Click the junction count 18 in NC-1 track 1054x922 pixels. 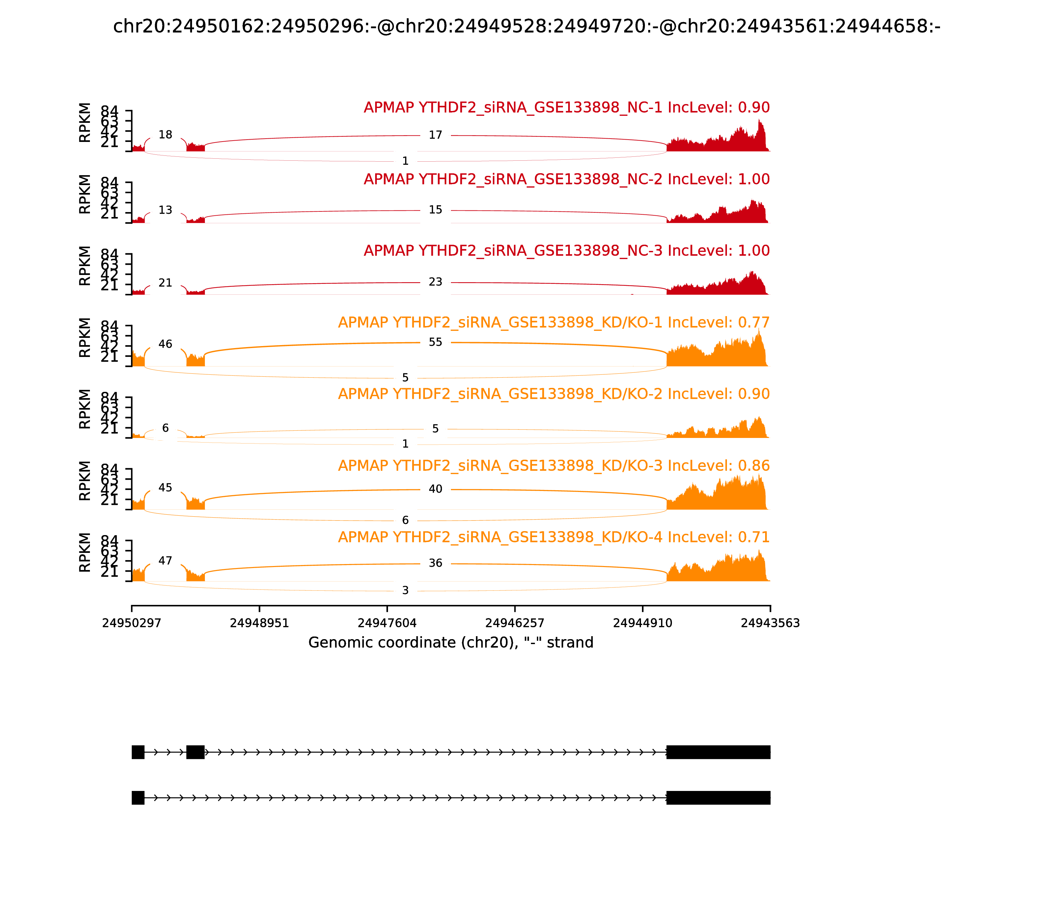165,135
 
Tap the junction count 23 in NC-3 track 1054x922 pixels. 435,282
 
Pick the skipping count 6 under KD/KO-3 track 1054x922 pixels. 405,520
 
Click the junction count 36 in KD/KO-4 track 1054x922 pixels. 435,563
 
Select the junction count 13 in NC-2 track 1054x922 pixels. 165,210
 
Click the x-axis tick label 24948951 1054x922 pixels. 260,623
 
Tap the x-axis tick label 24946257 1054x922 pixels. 514,623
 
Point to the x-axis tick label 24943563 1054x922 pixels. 770,623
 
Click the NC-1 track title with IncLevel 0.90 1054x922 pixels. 567,108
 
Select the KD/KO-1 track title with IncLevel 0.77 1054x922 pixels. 554,323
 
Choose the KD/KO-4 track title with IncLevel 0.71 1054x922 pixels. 554,537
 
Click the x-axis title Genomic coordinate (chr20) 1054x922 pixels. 451,643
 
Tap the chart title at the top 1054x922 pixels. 526,26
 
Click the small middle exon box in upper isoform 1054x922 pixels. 196,752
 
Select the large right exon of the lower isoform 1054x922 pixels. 718,798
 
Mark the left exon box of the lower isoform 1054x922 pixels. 138,798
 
